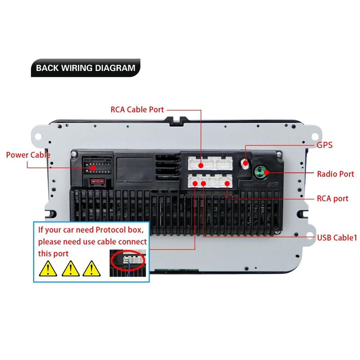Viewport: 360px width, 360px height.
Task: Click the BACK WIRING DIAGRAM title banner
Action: (x=85, y=68)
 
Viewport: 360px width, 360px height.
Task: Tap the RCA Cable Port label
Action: (x=137, y=110)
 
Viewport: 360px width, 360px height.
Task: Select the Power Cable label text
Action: (x=28, y=155)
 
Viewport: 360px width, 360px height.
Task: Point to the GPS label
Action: (x=325, y=145)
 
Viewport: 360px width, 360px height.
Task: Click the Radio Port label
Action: (x=335, y=174)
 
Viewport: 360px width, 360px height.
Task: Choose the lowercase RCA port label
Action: (x=332, y=199)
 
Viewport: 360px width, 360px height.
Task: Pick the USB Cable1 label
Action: (x=337, y=237)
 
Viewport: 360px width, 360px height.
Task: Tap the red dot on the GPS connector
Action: (x=246, y=164)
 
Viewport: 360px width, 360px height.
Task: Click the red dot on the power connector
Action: (x=93, y=168)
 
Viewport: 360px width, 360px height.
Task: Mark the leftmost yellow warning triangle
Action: (x=48, y=267)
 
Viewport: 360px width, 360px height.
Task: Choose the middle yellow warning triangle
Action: (x=70, y=267)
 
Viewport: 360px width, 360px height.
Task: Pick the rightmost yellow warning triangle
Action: (x=91, y=267)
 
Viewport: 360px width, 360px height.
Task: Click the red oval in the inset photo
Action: (x=128, y=260)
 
